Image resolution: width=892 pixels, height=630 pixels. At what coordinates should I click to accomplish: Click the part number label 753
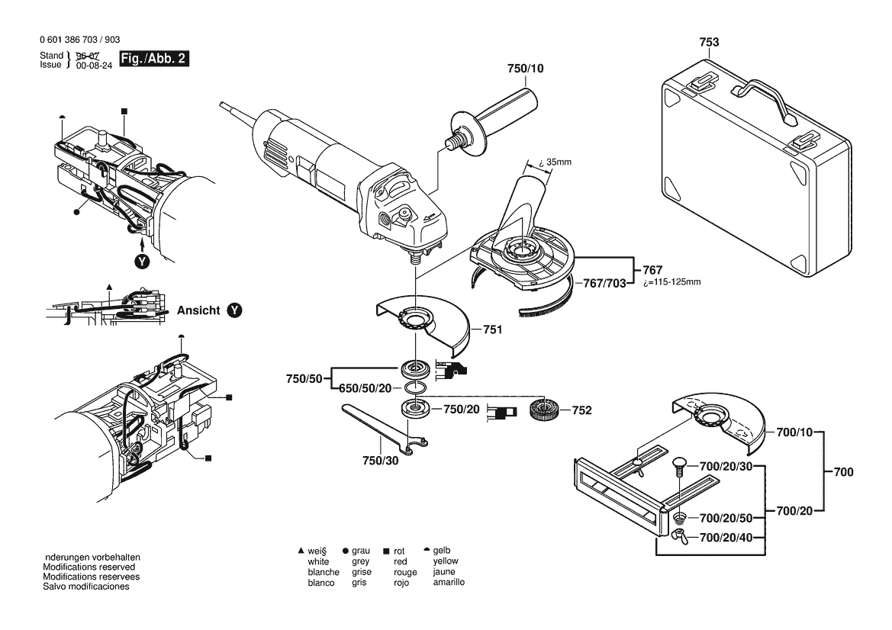tap(709, 43)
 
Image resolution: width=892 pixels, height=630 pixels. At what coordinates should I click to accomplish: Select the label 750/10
tap(527, 69)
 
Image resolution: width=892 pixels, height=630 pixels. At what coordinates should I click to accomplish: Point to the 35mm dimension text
tap(555, 162)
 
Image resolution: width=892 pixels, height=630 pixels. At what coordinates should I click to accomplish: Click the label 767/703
tap(604, 282)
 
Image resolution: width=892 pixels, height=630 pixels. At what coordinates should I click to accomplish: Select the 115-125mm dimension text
tap(672, 282)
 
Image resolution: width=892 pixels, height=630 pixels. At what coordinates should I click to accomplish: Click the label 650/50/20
tap(365, 388)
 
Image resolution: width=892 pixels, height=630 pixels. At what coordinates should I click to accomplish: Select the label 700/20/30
tap(726, 466)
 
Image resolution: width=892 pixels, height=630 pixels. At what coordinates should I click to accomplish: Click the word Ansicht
tap(199, 310)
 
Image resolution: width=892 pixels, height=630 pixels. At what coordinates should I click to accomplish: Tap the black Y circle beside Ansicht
tap(235, 310)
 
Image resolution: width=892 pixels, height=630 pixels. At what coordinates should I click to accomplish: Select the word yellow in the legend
tap(445, 561)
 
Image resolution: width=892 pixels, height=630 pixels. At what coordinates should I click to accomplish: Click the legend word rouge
tap(405, 571)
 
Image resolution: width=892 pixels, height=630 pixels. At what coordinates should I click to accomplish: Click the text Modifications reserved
tap(89, 567)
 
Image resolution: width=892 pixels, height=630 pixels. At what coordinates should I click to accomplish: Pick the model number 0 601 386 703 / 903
tap(78, 40)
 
